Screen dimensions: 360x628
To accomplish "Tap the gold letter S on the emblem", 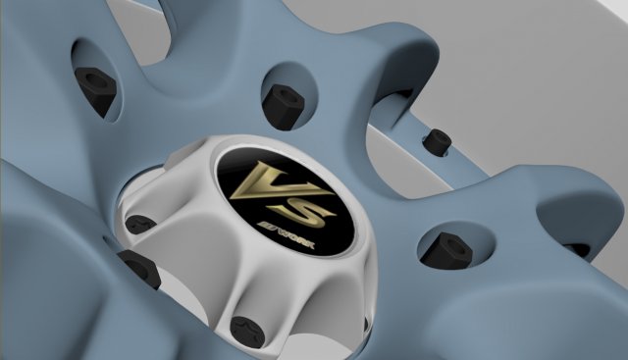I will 305,205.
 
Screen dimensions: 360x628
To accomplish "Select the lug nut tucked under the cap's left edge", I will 139,267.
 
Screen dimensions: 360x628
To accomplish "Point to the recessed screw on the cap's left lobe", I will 141,224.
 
